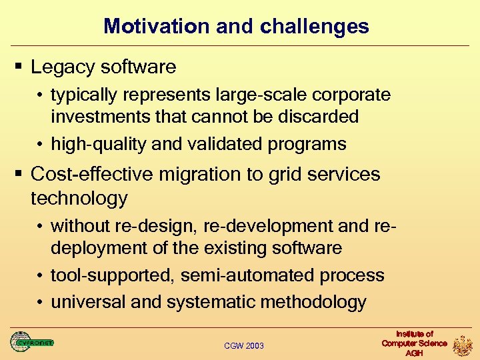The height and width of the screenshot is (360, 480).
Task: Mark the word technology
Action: [x=79, y=198]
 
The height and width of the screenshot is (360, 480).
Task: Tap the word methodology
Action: [x=313, y=302]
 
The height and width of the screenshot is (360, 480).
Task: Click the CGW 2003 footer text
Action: [x=244, y=345]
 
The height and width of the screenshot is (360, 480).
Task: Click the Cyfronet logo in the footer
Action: [x=31, y=343]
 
